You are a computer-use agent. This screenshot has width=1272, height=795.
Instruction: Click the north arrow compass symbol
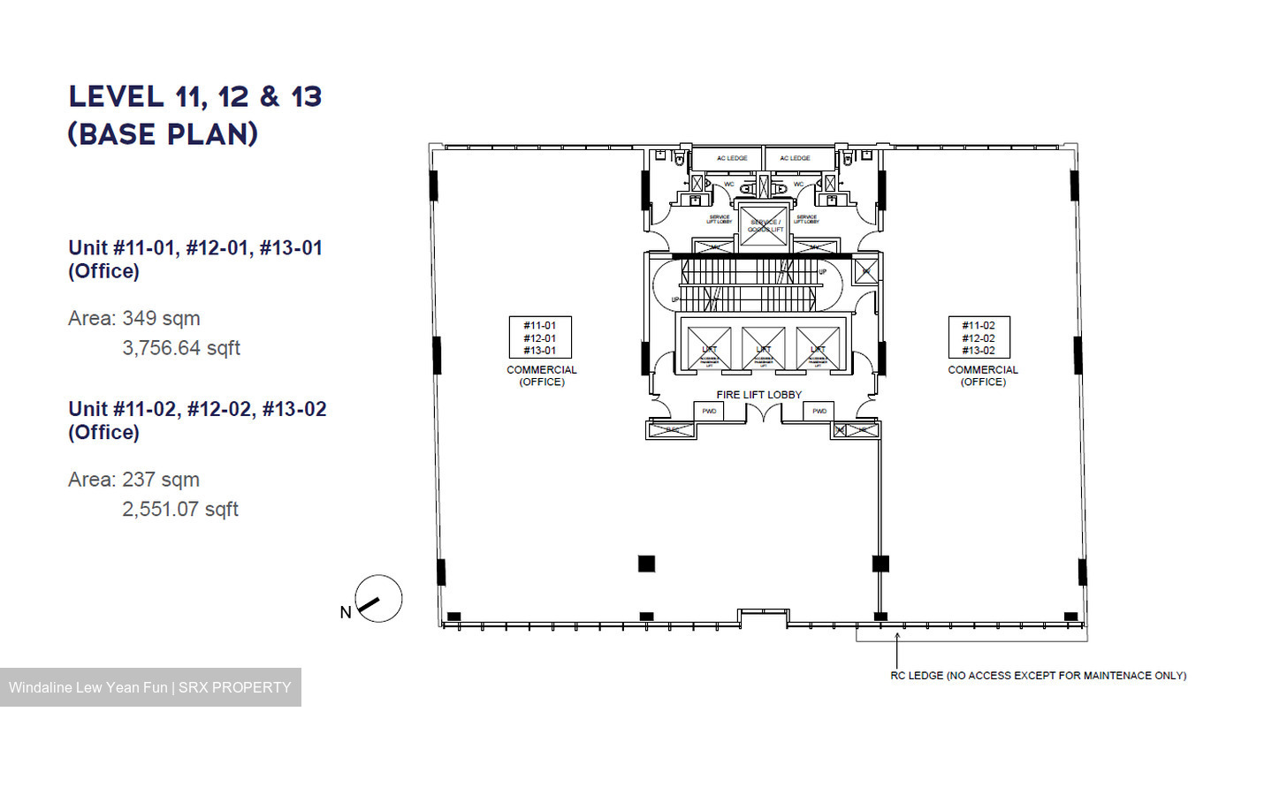[378, 598]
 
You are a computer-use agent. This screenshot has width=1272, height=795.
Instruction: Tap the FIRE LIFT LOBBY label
[758, 395]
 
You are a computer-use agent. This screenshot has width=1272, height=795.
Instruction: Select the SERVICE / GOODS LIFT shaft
[764, 226]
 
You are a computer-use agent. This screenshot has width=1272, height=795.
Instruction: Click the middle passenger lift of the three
[764, 348]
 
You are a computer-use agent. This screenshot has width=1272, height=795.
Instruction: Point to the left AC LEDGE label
[732, 158]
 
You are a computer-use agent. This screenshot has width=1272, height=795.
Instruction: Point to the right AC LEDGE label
[795, 158]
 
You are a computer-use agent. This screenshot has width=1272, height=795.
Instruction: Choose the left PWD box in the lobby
[709, 411]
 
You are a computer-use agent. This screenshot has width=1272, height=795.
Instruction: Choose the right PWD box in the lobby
[819, 411]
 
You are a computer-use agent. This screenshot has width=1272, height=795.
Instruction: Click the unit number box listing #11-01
[540, 337]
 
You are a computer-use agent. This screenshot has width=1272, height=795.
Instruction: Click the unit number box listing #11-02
[979, 337]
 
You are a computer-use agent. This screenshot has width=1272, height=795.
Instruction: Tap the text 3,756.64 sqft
[181, 348]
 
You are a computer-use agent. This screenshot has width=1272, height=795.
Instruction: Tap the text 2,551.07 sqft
[180, 509]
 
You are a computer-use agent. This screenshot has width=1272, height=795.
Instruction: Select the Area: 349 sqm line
[134, 318]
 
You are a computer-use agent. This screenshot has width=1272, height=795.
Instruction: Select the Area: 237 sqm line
[134, 480]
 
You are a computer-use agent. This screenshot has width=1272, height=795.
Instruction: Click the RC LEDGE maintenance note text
[1038, 676]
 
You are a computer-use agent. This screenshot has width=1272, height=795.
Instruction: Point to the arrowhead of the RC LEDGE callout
[897, 635]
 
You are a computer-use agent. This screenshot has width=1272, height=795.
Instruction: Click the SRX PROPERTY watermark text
[234, 687]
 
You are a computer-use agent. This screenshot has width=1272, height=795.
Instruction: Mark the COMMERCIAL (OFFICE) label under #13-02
[983, 375]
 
